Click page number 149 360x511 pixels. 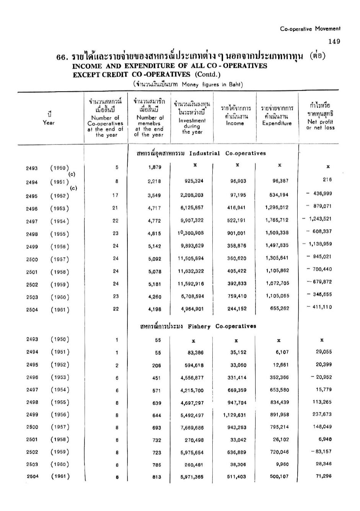pos(334,42)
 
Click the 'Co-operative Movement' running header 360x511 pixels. pos(310,29)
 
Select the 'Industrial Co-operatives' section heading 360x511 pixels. pos(201,154)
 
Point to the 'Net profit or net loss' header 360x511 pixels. pos(320,125)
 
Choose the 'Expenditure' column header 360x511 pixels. pos(277,123)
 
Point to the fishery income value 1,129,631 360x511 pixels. pos(235,415)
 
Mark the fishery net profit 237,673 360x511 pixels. pos(322,414)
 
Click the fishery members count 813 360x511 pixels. pos(156,477)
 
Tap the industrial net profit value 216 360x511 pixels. pos(327,180)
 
